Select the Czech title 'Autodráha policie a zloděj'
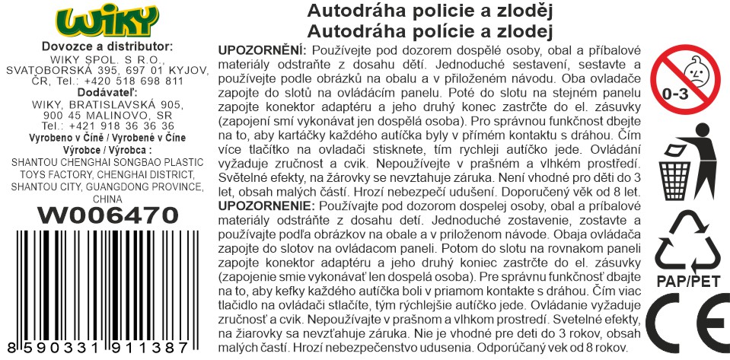[428, 11]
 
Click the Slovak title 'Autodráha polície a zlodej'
[428, 30]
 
